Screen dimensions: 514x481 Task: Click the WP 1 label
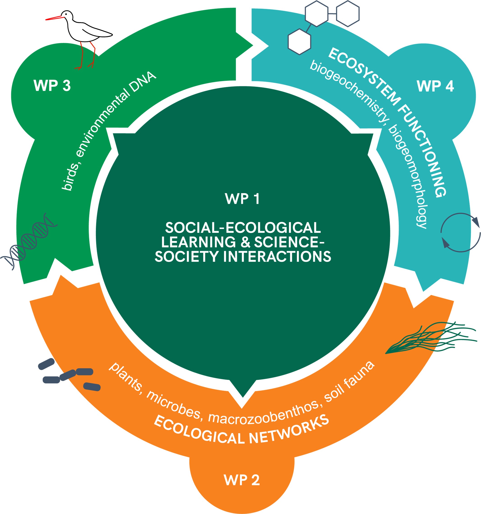242,199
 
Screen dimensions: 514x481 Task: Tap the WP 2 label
242,480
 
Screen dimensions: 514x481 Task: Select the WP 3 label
52,85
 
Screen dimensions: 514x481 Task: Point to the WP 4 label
435,86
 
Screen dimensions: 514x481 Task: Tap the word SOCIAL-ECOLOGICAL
243,227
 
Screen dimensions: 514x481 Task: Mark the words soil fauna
349,381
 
